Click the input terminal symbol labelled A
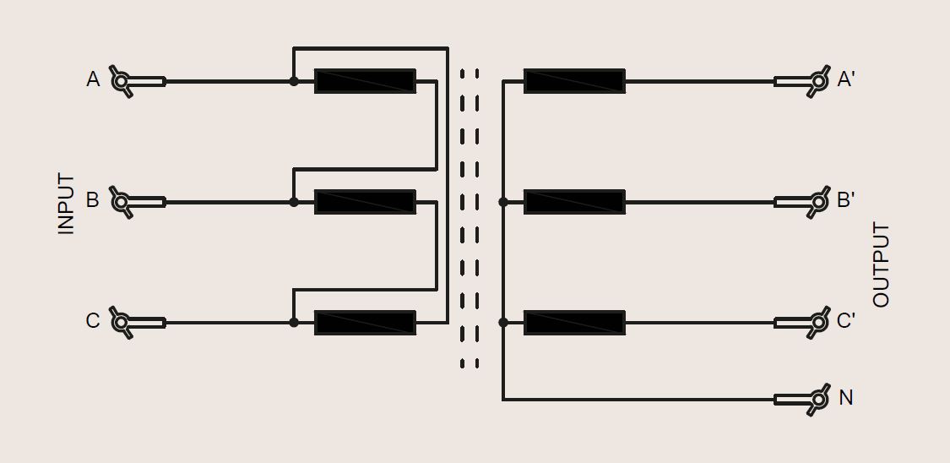pyautogui.click(x=137, y=81)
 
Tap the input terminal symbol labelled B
pyautogui.click(x=137, y=202)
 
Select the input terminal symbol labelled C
pyautogui.click(x=137, y=323)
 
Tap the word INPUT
pyautogui.click(x=66, y=204)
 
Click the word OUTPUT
pyautogui.click(x=881, y=264)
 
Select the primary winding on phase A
pyautogui.click(x=365, y=81)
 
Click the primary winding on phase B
pyautogui.click(x=365, y=202)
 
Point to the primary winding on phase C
pyautogui.click(x=365, y=323)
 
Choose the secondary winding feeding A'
pyautogui.click(x=574, y=81)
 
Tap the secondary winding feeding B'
pyautogui.click(x=574, y=202)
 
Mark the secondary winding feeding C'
pyautogui.click(x=574, y=323)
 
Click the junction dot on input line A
pyautogui.click(x=294, y=81)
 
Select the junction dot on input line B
pyautogui.click(x=294, y=202)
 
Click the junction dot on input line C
pyautogui.click(x=294, y=323)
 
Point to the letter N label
pyautogui.click(x=846, y=398)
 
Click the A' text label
pyautogui.click(x=845, y=79)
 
